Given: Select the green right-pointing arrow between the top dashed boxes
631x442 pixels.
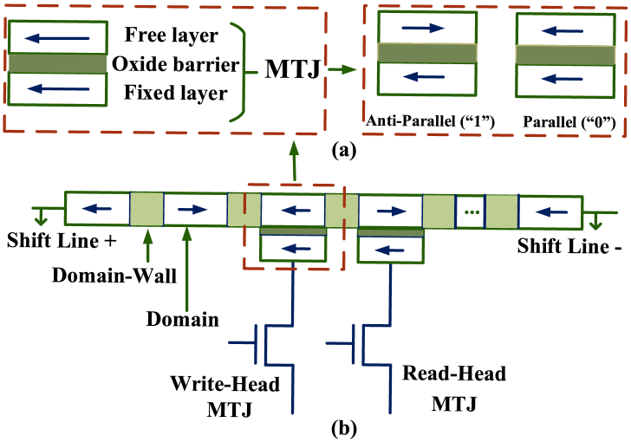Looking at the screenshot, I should [x=342, y=69].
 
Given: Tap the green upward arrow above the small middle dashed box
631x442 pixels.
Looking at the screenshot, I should [x=294, y=159].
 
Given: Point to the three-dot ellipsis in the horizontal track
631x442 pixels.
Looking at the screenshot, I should [x=471, y=211].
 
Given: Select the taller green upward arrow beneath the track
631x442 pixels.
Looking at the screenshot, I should [x=186, y=269].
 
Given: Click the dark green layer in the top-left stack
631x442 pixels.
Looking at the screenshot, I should [x=57, y=63].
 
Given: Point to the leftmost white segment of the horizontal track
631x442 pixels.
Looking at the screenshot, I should [x=97, y=208].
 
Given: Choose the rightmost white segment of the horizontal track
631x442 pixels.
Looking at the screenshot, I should [x=550, y=212].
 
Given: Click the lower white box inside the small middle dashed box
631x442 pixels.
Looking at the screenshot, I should [x=293, y=248].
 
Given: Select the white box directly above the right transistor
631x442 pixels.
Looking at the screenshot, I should [x=390, y=250].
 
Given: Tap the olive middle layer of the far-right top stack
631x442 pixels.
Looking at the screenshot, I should [x=565, y=55].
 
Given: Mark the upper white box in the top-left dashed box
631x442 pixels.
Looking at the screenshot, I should [x=57, y=37].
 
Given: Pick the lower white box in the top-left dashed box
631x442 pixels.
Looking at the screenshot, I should [x=57, y=88].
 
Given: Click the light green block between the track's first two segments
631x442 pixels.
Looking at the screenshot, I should [x=146, y=209].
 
